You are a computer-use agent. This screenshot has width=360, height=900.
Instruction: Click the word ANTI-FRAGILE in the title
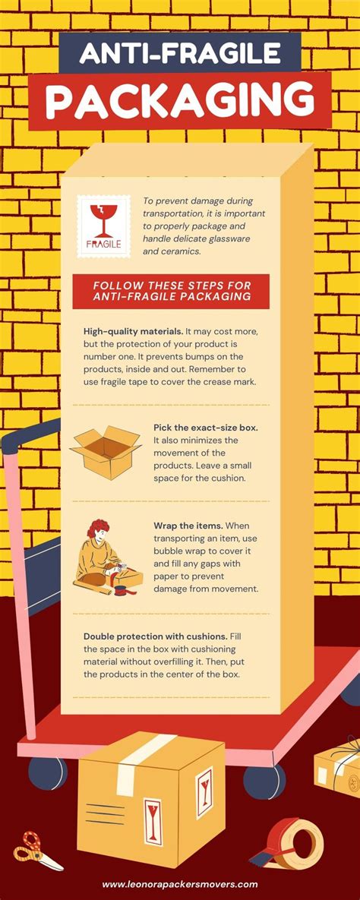(180, 52)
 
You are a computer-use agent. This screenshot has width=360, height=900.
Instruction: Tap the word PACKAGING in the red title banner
(180, 99)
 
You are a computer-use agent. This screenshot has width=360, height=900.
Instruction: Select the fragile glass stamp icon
(99, 225)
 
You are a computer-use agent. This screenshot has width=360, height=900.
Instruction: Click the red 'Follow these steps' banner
(171, 291)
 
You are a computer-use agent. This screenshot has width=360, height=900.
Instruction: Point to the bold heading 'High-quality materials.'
(132, 331)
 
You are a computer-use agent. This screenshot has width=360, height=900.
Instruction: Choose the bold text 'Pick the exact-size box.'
(205, 428)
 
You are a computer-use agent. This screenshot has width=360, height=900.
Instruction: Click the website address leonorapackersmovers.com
(180, 884)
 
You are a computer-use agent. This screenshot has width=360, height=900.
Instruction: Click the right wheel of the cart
(265, 779)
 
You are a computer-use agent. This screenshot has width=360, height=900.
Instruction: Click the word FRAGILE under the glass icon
(99, 245)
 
